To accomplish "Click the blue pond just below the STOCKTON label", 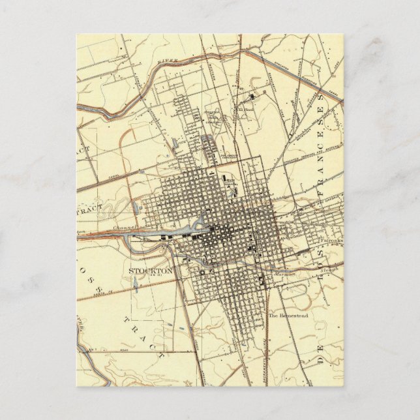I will (x=134, y=283).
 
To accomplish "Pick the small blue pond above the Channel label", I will (x=134, y=207).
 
